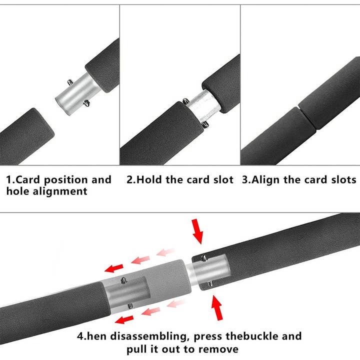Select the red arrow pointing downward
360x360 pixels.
tap(198, 231)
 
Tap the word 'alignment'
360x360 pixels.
tap(57, 191)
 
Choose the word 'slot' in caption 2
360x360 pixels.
tap(221, 179)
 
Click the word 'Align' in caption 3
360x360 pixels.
tap(265, 179)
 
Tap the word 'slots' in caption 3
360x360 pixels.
tap(342, 179)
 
